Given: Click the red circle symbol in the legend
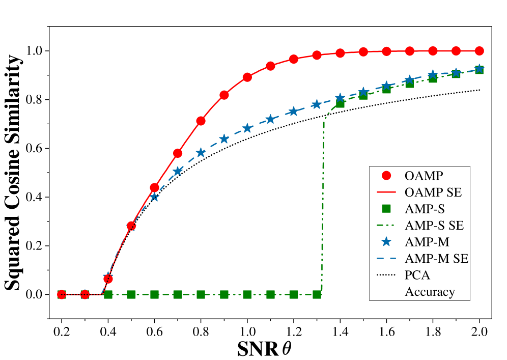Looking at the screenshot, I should (386, 175).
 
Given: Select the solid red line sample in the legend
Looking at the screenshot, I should (386, 192).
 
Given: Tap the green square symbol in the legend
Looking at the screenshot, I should (386, 208).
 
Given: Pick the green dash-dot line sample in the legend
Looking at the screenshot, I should (386, 225).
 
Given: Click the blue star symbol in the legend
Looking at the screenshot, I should (386, 241).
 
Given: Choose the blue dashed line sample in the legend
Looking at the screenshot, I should (386, 259).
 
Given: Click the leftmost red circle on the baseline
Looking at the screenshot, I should (62, 294).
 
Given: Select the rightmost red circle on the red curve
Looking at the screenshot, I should (479, 51).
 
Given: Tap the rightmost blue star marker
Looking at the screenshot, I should (479, 68).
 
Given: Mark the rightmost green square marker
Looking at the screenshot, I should (479, 70).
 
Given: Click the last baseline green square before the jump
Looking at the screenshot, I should (317, 294).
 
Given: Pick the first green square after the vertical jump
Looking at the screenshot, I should (340, 103).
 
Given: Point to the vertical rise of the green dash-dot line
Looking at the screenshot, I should (323, 204).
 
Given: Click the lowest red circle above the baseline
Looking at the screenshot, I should (108, 279).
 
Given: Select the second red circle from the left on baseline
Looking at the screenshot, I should (85, 294).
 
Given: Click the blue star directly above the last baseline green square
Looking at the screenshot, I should (317, 104).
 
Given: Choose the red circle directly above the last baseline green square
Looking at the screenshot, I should (317, 55).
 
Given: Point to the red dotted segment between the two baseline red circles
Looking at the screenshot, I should (73, 294).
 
